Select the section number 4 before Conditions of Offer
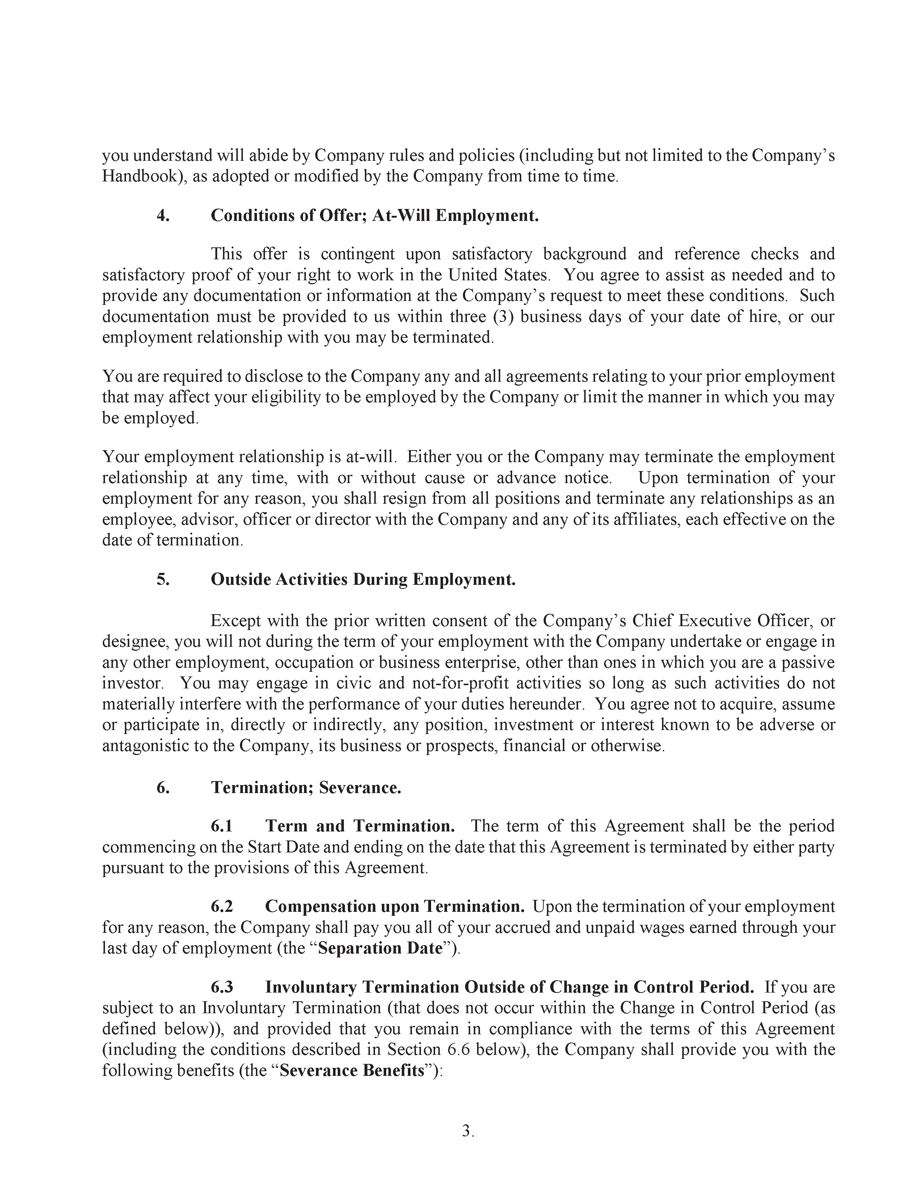click(163, 215)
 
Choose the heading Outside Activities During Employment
click(363, 579)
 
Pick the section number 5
click(163, 579)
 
